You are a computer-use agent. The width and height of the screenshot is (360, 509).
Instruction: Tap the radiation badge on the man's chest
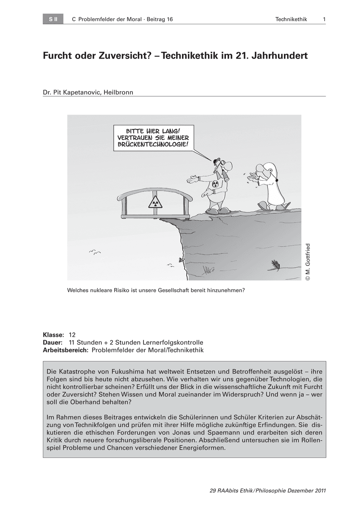click(215, 184)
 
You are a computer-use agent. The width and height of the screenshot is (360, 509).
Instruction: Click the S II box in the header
click(53, 19)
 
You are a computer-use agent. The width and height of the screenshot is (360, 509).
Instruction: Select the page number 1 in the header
click(324, 19)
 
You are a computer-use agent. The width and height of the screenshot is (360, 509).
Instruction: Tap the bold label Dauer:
click(53, 343)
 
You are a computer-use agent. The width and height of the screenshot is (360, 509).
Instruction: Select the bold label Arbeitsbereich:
click(66, 350)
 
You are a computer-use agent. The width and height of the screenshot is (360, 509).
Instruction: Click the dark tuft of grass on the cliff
click(274, 265)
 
